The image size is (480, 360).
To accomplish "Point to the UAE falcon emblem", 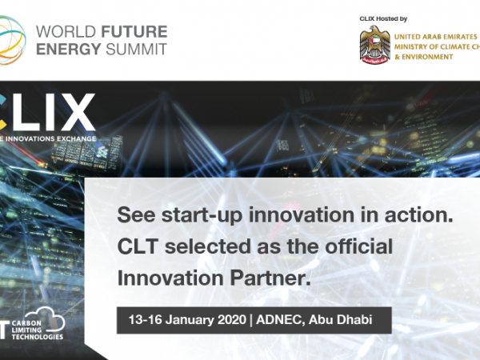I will [x=375, y=45].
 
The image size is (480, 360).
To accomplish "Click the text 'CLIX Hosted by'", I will [x=383, y=18].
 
